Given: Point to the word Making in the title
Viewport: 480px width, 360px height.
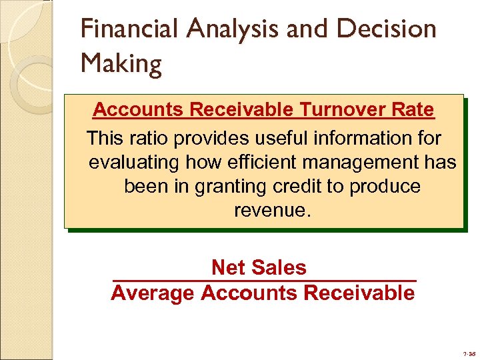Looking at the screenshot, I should tap(121, 64).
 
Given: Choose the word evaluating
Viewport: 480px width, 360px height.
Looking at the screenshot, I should tap(135, 162).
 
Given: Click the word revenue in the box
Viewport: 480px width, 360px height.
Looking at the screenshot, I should tap(272, 211).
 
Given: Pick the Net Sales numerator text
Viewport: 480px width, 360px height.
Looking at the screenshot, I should tap(259, 267).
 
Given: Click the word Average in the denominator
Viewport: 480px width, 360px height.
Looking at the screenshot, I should tap(152, 293).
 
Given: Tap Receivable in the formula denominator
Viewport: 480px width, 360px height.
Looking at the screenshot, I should tap(359, 293).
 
